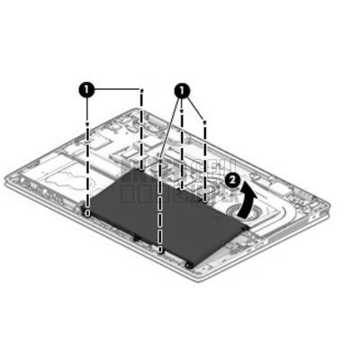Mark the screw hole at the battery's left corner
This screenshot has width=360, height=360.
click(86, 212)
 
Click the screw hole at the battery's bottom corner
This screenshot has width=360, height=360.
click(190, 265)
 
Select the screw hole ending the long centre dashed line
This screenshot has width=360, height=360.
click(159, 249)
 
